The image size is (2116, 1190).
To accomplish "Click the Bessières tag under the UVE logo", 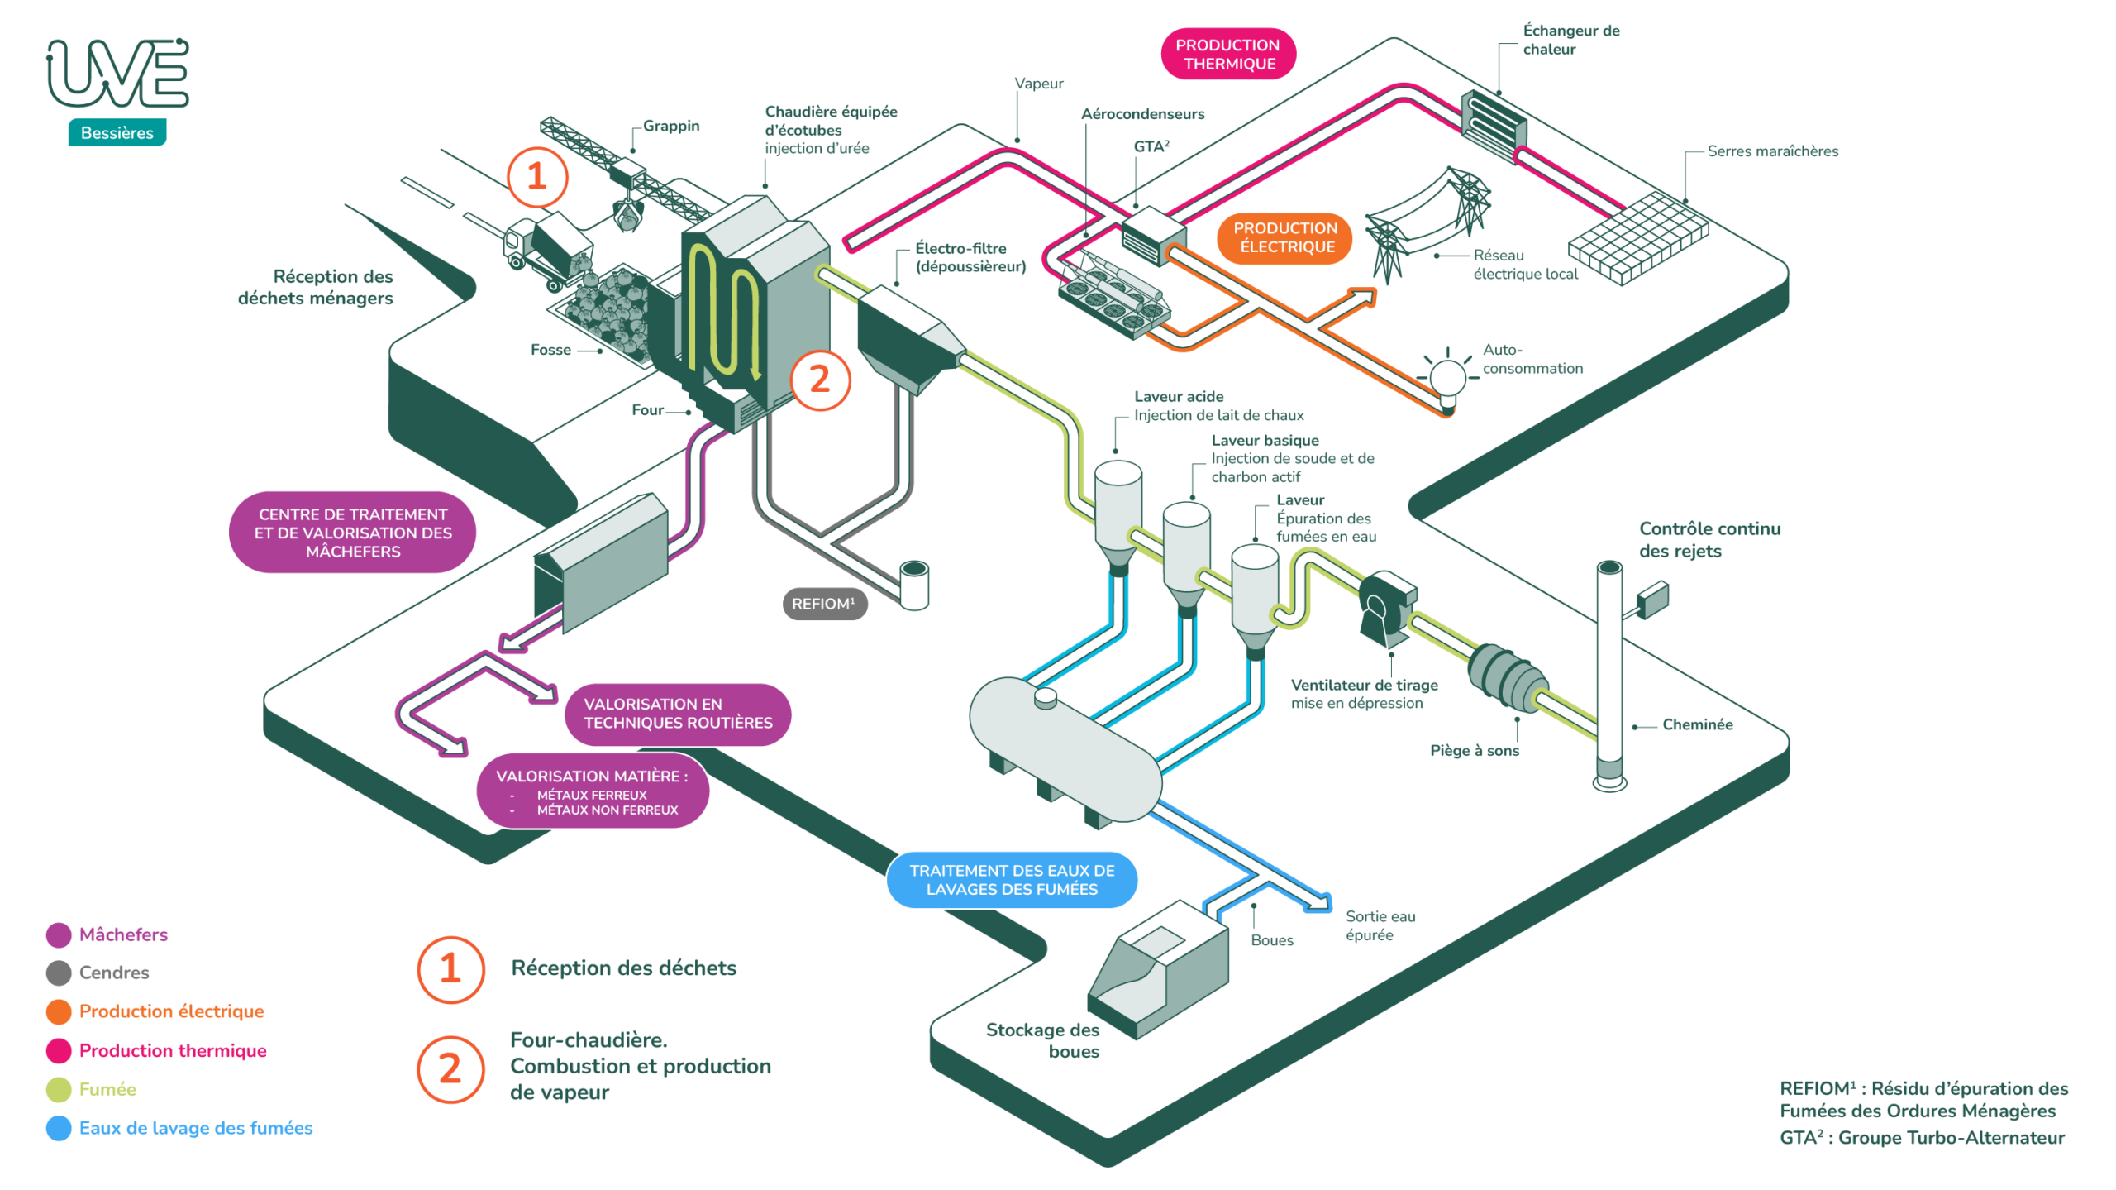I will (117, 132).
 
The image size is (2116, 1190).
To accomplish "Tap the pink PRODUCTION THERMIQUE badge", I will (1227, 55).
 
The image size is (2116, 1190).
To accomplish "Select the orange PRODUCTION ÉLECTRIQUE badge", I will (1284, 237).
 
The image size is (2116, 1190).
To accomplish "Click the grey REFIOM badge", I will (824, 604).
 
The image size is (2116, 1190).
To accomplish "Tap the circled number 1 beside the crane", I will (537, 176).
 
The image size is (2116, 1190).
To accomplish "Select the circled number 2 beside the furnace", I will (819, 380).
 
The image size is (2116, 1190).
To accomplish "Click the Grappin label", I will (671, 126).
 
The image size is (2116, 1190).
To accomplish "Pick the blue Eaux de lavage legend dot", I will (59, 1129).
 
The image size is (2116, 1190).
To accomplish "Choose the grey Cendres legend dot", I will (59, 973).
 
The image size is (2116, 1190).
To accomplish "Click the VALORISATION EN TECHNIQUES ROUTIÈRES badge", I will (678, 714).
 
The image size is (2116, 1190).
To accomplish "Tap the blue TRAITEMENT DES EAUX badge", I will (1012, 880).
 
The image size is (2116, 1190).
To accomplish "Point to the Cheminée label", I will (1697, 724).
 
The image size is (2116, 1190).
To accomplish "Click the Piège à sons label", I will (1475, 751).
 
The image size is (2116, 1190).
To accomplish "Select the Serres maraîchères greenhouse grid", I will (1637, 238).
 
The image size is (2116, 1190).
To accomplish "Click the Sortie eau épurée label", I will (1380, 925).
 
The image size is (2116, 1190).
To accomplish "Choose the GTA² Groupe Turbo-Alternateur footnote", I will (1922, 1138).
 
